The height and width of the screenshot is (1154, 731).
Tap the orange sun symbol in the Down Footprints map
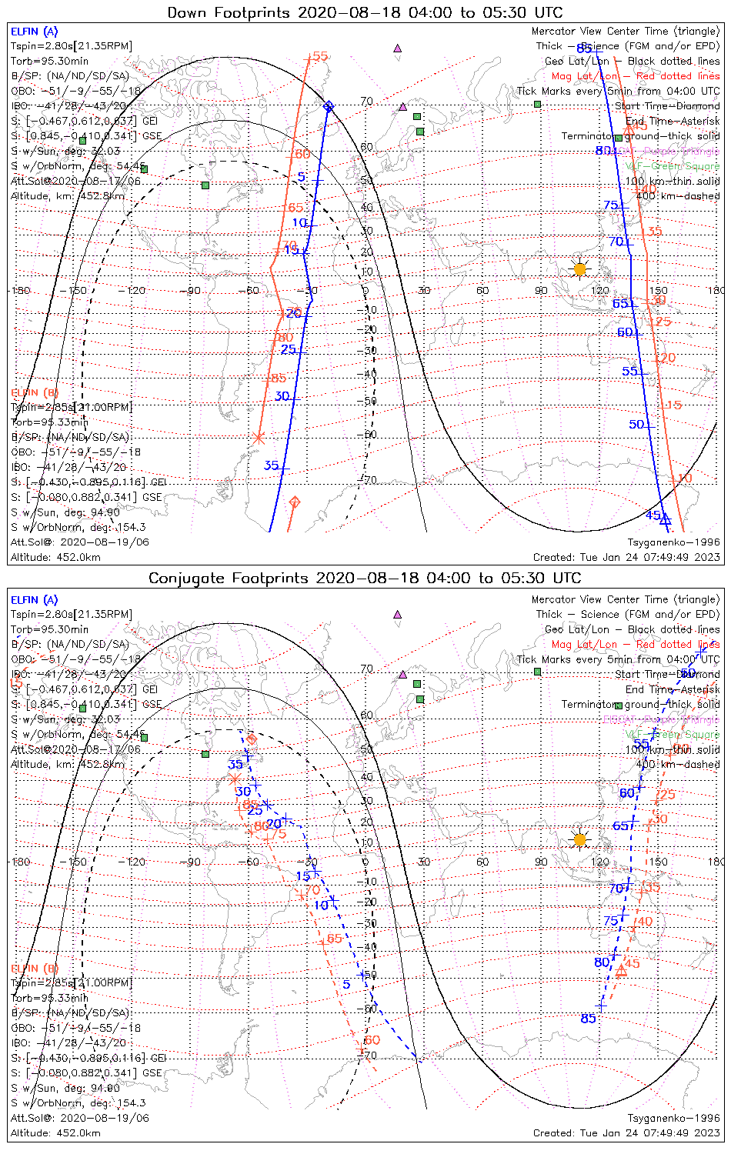point(579,269)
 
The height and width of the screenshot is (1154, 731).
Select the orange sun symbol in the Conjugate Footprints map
point(579,839)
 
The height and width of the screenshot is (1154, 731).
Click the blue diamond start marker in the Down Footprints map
point(329,106)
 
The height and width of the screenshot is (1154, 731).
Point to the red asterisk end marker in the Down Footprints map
point(259,438)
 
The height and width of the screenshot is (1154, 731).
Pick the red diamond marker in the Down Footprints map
point(294,502)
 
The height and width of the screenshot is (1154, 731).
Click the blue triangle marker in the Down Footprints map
point(666,520)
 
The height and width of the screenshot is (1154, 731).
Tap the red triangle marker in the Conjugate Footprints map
point(621,971)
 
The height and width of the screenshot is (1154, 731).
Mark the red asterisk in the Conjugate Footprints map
point(235,779)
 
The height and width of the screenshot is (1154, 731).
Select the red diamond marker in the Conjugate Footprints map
point(251,739)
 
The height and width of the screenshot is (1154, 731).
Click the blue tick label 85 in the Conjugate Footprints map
point(588,1019)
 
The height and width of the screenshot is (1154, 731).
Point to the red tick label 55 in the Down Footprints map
point(319,56)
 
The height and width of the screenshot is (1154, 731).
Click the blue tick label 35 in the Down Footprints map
point(271,465)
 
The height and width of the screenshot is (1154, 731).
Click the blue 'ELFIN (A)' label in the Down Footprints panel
point(34,32)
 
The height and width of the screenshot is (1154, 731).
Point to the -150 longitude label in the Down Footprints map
point(78,291)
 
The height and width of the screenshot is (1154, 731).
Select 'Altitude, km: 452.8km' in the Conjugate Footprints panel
point(68,764)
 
